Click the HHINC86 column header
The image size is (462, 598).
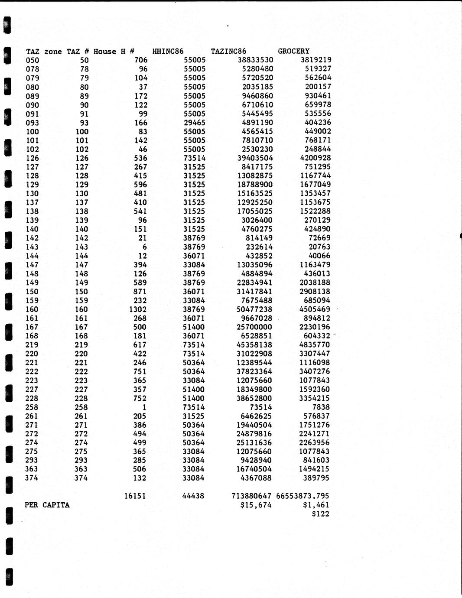(x=168, y=51)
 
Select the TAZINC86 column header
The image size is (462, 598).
(x=228, y=51)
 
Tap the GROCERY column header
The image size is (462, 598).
(x=293, y=51)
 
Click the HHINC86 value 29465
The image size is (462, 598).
(x=195, y=123)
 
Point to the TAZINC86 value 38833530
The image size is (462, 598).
(x=255, y=60)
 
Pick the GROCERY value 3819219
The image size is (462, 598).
(x=316, y=60)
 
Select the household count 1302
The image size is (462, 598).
(x=138, y=309)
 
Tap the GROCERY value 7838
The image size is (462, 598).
(x=321, y=407)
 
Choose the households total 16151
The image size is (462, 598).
(x=135, y=496)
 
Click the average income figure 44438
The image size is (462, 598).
(x=193, y=496)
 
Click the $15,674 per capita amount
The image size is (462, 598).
(x=256, y=505)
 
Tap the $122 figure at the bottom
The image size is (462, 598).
(x=320, y=514)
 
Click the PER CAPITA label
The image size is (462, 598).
(x=47, y=505)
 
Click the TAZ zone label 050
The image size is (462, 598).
(x=33, y=60)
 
